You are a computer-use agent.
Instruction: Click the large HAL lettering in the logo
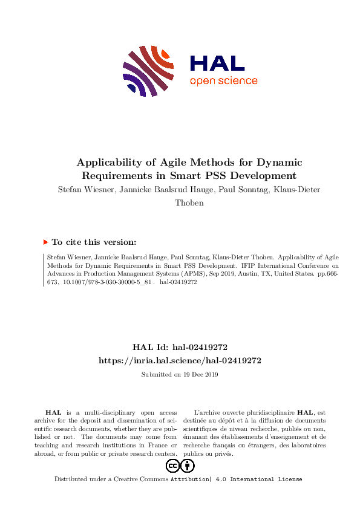tap(217, 63)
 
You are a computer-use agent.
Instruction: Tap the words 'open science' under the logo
tap(223, 81)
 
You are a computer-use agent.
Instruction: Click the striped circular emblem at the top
tap(147, 71)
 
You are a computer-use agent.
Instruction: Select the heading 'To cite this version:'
tap(94, 242)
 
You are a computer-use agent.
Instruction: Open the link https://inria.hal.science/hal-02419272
tap(180, 360)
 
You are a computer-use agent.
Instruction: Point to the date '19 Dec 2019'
tap(200, 374)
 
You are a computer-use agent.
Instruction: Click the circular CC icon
tap(172, 465)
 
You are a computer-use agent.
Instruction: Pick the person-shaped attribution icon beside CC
tap(188, 465)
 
